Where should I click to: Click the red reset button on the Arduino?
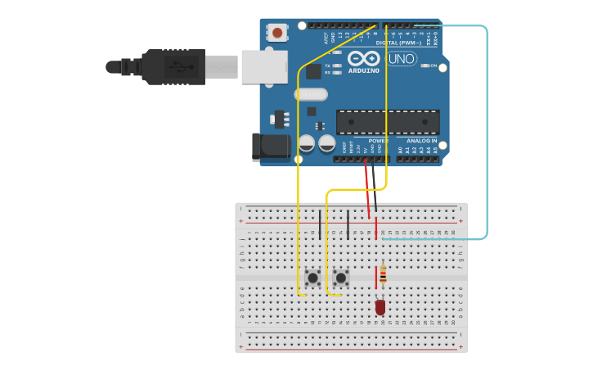tap(277, 33)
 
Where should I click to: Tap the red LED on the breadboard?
tap(380, 307)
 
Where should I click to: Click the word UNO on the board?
tap(402, 59)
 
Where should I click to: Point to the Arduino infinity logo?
tap(364, 58)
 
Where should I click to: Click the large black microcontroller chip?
tap(388, 122)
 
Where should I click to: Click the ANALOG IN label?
tap(422, 141)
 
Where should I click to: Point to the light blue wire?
tap(487, 131)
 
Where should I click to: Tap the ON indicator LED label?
tap(434, 66)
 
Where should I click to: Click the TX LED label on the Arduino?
tap(327, 66)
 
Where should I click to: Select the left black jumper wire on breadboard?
tap(320, 224)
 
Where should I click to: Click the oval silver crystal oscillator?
tap(311, 94)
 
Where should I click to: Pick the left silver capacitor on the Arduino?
tap(307, 143)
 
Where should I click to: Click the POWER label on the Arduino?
tap(377, 141)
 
